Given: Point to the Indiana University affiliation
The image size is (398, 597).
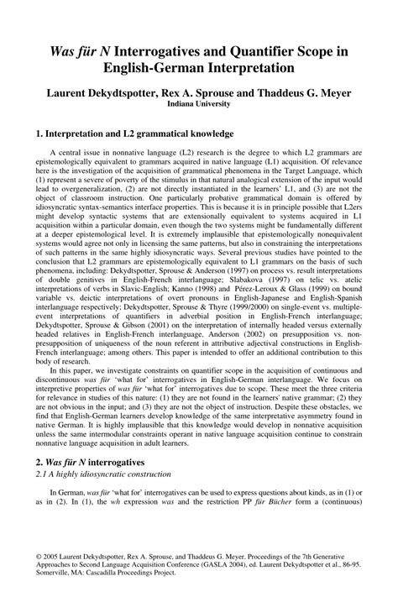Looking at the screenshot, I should (x=198, y=107).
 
